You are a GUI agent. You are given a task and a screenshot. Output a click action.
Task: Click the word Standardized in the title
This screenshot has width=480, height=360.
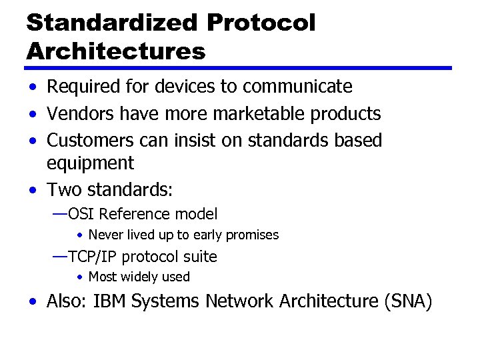coord(112,23)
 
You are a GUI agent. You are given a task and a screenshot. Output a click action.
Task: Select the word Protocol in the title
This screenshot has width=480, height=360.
coord(261,23)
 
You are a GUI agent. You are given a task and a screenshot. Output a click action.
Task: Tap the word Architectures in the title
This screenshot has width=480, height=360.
coord(116,51)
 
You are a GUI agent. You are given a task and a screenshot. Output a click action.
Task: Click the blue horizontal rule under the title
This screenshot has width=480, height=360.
coord(239,68)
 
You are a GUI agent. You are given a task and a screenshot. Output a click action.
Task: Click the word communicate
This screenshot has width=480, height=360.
coord(297,87)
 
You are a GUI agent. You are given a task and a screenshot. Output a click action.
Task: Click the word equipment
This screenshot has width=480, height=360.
coord(90,163)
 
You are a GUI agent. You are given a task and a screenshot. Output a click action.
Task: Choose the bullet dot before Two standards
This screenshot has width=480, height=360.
coord(33,191)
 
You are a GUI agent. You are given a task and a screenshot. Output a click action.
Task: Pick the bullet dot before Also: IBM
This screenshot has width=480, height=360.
coord(33,302)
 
